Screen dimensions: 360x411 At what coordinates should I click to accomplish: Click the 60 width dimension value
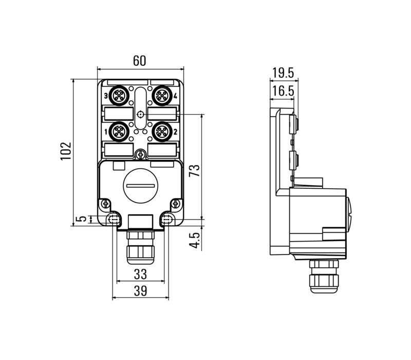pyautogui.click(x=140, y=61)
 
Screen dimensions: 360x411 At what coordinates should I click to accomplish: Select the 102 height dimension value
pyautogui.click(x=66, y=152)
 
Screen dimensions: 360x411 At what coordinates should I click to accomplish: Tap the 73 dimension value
pyautogui.click(x=194, y=171)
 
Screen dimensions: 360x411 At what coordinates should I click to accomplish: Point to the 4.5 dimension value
pyautogui.click(x=194, y=239)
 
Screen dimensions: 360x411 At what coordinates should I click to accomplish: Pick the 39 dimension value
pyautogui.click(x=140, y=291)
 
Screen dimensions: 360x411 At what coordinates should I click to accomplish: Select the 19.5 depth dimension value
pyautogui.click(x=283, y=73)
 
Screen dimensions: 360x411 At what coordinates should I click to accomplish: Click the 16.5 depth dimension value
pyautogui.click(x=283, y=91)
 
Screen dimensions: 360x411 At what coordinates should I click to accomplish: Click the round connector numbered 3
pyautogui.click(x=119, y=96)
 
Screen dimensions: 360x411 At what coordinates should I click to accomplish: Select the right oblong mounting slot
pyautogui.click(x=166, y=220)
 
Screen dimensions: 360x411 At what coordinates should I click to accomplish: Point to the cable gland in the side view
pyautogui.click(x=323, y=275)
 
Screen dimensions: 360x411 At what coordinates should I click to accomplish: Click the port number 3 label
pyautogui.click(x=105, y=96)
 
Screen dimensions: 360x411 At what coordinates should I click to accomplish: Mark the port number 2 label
pyautogui.click(x=176, y=132)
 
